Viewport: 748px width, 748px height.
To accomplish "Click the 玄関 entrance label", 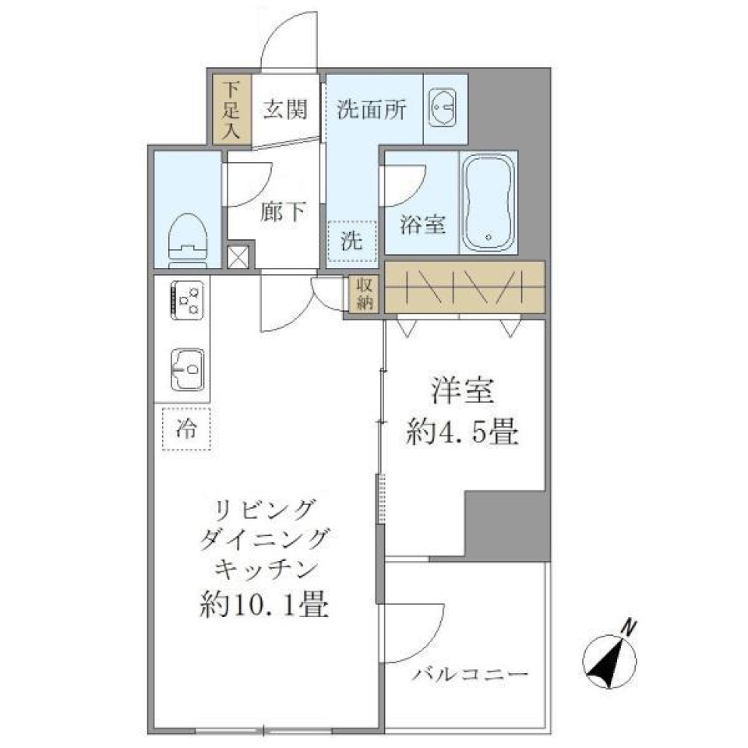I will (x=284, y=109).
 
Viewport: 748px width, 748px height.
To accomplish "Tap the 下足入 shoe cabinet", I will (x=231, y=110).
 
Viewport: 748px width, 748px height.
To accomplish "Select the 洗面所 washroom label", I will (x=372, y=109).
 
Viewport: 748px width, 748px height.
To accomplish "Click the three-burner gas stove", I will (x=188, y=300).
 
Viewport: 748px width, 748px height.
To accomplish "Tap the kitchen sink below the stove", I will (x=188, y=370).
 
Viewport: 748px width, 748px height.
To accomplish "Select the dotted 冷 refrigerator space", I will (x=186, y=428).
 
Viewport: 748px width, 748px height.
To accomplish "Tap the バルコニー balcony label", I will (x=471, y=673).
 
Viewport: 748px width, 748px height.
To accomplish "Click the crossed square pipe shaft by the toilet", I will (x=237, y=257).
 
